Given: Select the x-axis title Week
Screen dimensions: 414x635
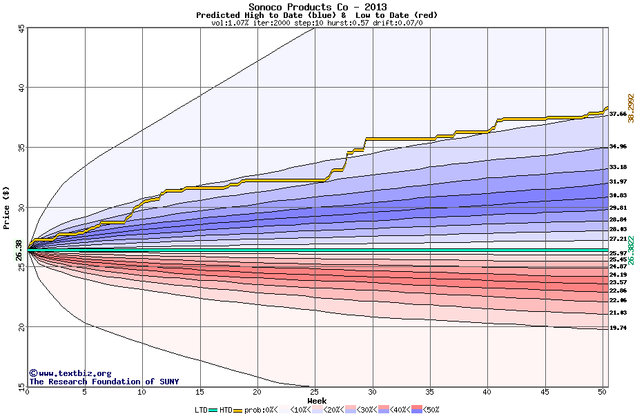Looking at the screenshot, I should (317, 401).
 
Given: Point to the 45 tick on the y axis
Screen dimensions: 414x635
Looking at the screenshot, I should (21, 28).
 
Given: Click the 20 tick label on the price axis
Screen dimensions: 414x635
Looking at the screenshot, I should (21, 327).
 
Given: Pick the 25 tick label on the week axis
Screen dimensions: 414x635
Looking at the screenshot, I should (315, 393).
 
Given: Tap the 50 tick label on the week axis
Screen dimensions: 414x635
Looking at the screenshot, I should (602, 393).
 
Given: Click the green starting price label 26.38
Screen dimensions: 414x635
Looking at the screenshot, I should (18, 249).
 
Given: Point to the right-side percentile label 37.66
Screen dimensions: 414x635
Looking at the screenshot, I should (618, 115).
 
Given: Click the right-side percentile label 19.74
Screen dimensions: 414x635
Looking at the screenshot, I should (618, 328).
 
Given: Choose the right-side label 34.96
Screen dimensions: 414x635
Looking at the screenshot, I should (618, 147).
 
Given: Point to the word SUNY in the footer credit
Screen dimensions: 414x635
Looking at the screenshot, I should (168, 382).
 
